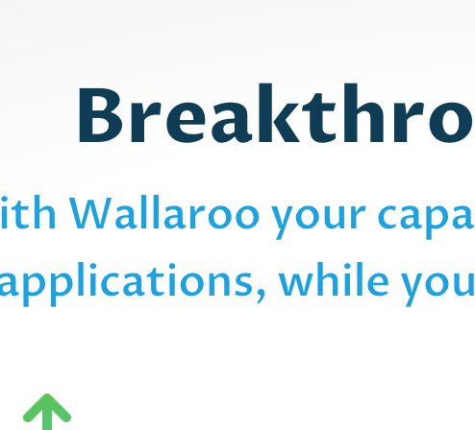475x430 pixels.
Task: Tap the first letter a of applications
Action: [12, 284]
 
